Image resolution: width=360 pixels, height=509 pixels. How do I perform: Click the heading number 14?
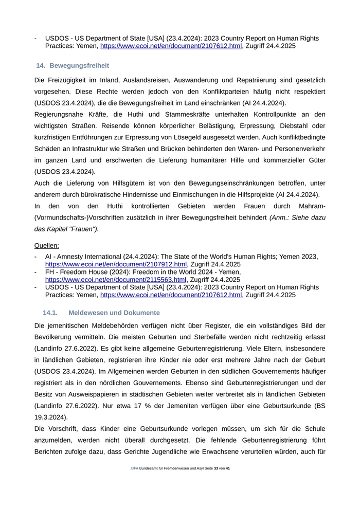pyautogui.click(x=41, y=66)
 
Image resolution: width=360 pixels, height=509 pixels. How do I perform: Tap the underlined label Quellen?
pyautogui.click(x=47, y=245)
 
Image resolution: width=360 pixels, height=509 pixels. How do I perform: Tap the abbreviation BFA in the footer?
pyautogui.click(x=135, y=468)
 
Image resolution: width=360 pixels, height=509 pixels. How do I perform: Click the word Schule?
pyautogui.click(x=313, y=429)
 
